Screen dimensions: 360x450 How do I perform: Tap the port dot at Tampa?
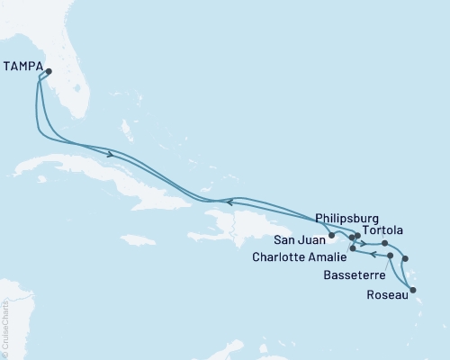tap(49, 72)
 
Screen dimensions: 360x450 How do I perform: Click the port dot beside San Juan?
tap(332, 237)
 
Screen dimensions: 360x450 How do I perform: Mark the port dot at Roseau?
tap(413, 290)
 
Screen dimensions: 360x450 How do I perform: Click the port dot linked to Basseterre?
tap(390, 256)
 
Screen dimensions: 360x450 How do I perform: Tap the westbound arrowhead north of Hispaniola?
tap(229, 202)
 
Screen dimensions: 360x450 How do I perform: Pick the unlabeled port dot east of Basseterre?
tap(405, 259)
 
